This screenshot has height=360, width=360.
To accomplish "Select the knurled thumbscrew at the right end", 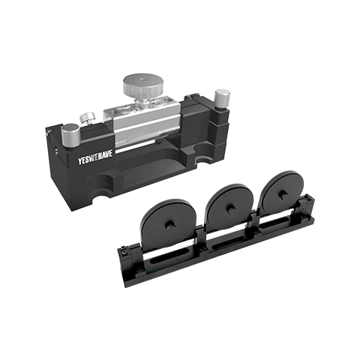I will pos(220,97).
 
